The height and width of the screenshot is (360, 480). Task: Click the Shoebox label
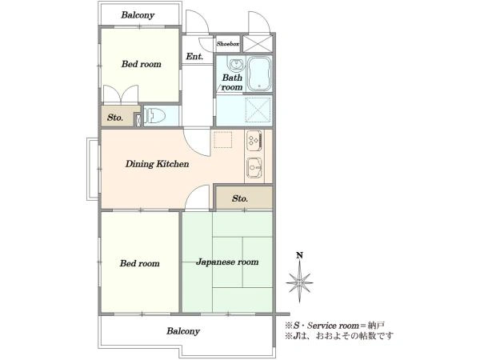(x=228, y=44)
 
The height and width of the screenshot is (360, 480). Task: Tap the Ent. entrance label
(x=194, y=57)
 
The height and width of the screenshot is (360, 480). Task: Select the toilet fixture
(x=155, y=116)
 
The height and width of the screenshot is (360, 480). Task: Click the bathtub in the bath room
(x=259, y=74)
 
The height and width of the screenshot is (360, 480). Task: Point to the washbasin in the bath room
(x=236, y=64)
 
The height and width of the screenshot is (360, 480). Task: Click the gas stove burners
(x=254, y=140)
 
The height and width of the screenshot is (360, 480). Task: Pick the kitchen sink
(x=254, y=168)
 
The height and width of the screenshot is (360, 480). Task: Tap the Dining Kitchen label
(x=157, y=164)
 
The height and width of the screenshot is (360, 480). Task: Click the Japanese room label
(x=227, y=262)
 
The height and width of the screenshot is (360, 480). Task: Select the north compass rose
(x=299, y=282)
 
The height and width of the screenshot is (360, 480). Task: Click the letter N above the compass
(x=300, y=255)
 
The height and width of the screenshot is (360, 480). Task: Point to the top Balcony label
(x=138, y=15)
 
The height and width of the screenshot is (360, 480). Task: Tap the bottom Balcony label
(x=183, y=331)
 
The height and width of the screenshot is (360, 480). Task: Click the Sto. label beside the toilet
(x=115, y=118)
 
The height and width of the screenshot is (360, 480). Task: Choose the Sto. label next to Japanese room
(x=240, y=198)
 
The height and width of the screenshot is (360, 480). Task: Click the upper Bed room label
(x=141, y=64)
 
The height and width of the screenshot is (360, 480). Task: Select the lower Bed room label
(x=139, y=263)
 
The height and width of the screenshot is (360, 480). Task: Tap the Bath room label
(x=232, y=82)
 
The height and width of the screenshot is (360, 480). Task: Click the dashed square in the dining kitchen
(x=223, y=140)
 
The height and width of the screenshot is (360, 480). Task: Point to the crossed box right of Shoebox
(x=258, y=43)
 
